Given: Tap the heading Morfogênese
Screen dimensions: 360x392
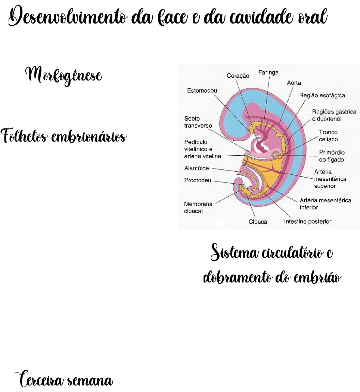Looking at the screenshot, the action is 63,75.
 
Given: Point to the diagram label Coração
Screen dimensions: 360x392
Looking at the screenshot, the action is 238,76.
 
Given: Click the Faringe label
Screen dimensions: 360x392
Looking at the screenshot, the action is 268,73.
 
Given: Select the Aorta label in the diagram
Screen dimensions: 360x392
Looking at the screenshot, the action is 294,83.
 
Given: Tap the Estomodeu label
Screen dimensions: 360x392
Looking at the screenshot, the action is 202,91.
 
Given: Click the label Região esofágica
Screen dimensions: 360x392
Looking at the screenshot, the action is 322,95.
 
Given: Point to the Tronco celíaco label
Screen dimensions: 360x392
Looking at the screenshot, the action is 328,136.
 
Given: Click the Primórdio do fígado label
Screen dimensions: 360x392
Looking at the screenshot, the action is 332,156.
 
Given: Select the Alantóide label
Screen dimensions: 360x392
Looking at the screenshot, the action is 197,168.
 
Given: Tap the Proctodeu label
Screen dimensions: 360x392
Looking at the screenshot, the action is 198,180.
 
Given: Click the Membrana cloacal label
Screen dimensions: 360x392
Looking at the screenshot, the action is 198,207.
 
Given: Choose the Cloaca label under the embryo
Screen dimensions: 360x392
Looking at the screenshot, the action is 258,222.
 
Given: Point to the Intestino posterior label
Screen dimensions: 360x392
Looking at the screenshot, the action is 308,221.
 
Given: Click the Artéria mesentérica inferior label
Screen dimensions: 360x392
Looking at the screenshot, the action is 325,203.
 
